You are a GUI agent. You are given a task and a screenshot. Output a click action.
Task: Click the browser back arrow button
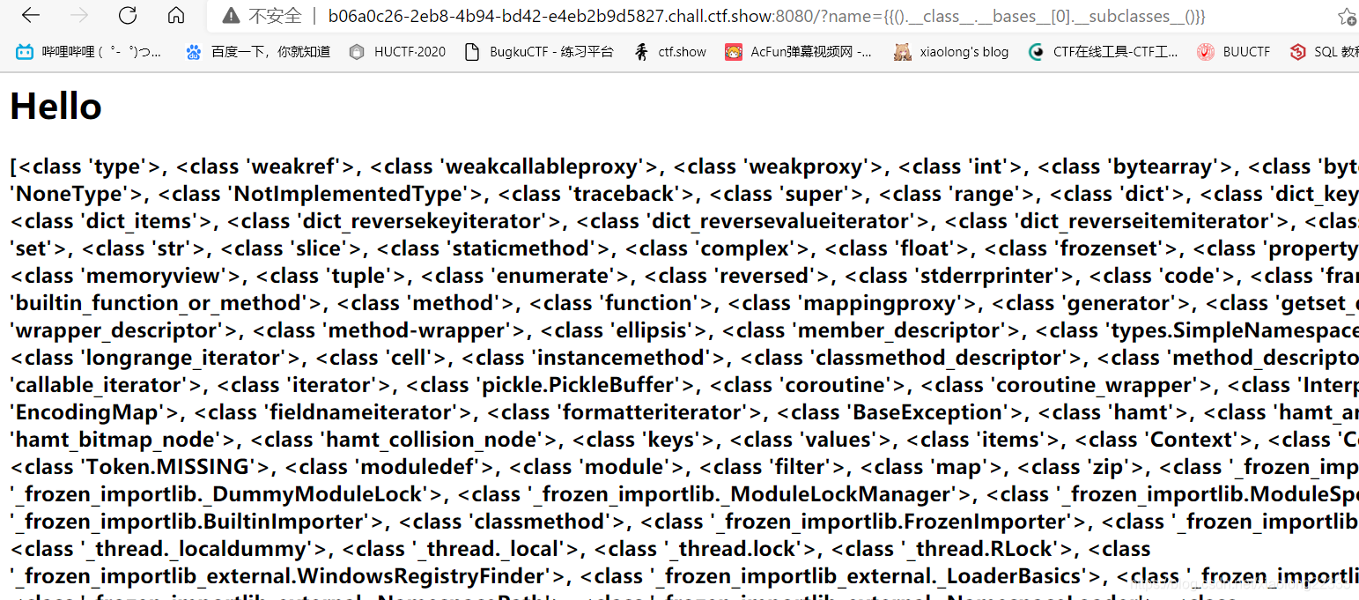(31, 16)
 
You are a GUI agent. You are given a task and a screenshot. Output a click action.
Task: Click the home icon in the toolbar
(176, 16)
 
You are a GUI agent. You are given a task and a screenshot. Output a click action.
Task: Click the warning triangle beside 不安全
(231, 16)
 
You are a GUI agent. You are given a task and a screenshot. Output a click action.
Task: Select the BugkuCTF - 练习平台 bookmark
(539, 52)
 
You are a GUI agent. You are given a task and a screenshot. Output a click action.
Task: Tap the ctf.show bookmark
(670, 52)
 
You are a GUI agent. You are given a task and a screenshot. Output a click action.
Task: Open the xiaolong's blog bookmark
(951, 52)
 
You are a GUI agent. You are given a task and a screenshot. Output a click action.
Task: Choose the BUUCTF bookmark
(1234, 52)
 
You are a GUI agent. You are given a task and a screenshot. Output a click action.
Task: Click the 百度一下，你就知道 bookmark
(258, 52)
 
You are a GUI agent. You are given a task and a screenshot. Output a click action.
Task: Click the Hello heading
(55, 107)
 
